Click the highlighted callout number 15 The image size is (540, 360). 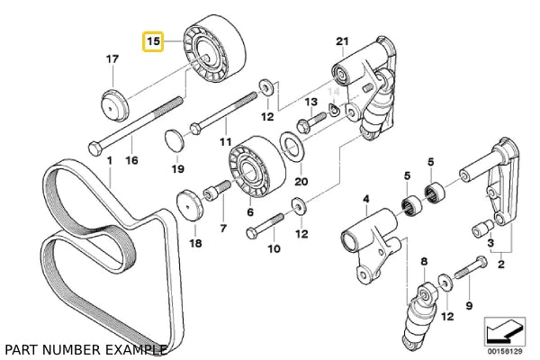pyautogui.click(x=153, y=42)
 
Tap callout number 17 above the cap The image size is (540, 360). pyautogui.click(x=112, y=59)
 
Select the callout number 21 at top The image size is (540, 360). pyautogui.click(x=341, y=41)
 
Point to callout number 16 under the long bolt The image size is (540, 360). pyautogui.click(x=131, y=160)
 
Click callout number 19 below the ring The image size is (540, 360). pyautogui.click(x=178, y=168)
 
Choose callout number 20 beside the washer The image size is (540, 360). pyautogui.click(x=301, y=180)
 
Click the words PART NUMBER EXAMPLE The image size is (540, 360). pyautogui.click(x=85, y=348)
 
